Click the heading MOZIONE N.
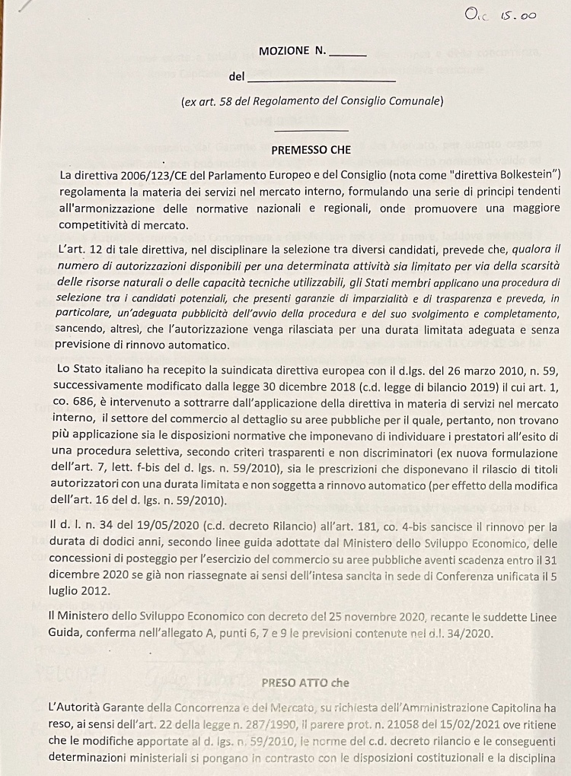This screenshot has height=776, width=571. [x=292, y=51]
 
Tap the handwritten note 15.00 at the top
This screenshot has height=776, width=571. [x=520, y=14]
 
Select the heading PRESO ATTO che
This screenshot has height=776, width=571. [x=305, y=683]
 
